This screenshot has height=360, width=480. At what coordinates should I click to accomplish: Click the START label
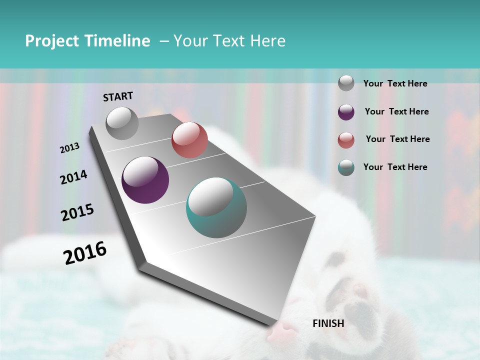pyautogui.click(x=118, y=96)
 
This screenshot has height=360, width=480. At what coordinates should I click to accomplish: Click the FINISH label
pyautogui.click(x=328, y=323)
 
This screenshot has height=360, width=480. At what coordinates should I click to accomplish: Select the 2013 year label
pyautogui.click(x=70, y=148)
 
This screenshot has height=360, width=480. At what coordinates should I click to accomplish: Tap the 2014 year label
pyautogui.click(x=73, y=177)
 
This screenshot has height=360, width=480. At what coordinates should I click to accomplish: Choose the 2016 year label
pyautogui.click(x=85, y=253)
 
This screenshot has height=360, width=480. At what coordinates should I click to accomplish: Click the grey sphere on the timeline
pyautogui.click(x=122, y=123)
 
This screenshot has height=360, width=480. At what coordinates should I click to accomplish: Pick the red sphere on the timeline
pyautogui.click(x=189, y=140)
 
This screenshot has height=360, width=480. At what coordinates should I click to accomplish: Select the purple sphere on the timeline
pyautogui.click(x=145, y=180)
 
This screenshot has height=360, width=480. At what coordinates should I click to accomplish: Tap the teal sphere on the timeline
pyautogui.click(x=216, y=207)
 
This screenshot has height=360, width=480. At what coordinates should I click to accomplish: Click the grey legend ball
pyautogui.click(x=346, y=83)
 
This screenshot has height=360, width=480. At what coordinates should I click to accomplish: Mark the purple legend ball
pyautogui.click(x=346, y=112)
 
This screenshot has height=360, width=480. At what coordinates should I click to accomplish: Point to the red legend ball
pyautogui.click(x=346, y=140)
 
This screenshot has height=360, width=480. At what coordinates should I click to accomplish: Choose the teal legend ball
pyautogui.click(x=346, y=167)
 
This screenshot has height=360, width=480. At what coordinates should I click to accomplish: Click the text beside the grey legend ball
pyautogui.click(x=395, y=83)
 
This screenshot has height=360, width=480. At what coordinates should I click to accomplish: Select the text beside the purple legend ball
pyautogui.click(x=396, y=111)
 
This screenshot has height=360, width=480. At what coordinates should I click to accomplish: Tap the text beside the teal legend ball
pyautogui.click(x=395, y=167)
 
